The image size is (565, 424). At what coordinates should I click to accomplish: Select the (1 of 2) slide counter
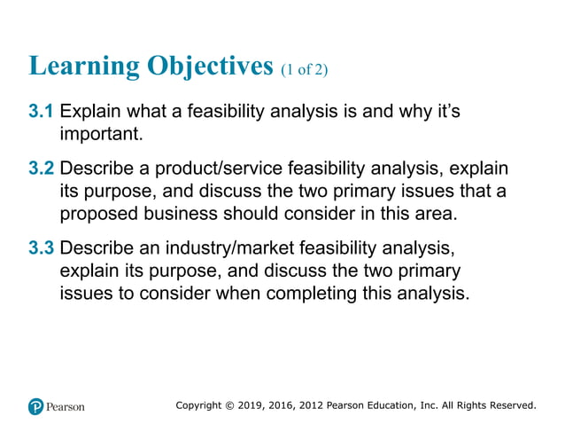point(304,69)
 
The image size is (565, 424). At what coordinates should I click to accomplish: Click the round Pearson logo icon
point(35,406)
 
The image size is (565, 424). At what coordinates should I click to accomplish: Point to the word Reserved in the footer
point(509,405)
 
